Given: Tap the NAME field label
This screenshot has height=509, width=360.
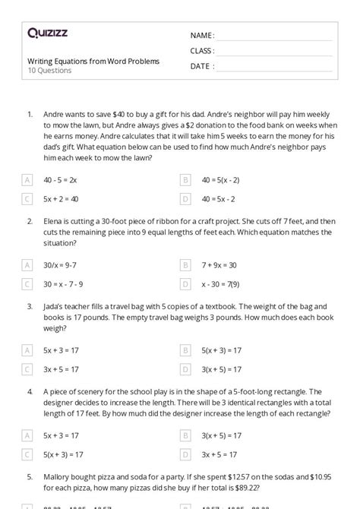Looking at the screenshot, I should click(202, 35).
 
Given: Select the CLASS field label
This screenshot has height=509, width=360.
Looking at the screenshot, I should click(202, 51).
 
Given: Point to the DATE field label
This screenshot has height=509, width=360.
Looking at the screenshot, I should click(201, 66).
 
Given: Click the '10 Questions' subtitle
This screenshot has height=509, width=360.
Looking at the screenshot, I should click(49, 71).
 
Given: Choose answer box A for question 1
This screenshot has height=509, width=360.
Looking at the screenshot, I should click(27, 180).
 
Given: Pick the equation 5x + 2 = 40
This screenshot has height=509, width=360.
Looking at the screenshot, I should click(62, 199).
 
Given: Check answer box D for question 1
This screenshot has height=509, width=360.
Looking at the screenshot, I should click(185, 199).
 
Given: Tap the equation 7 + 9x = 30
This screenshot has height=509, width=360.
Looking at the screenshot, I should click(219, 264).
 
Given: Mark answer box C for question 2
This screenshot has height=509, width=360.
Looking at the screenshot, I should click(27, 283).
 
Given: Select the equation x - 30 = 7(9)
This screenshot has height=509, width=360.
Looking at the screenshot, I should click(221, 283).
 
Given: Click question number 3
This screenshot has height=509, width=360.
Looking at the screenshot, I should click(30, 307).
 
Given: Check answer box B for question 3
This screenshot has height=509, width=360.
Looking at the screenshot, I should click(185, 349).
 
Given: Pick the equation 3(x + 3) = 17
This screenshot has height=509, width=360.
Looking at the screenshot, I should click(222, 368).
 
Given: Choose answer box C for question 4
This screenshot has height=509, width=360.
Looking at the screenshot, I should click(27, 454).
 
